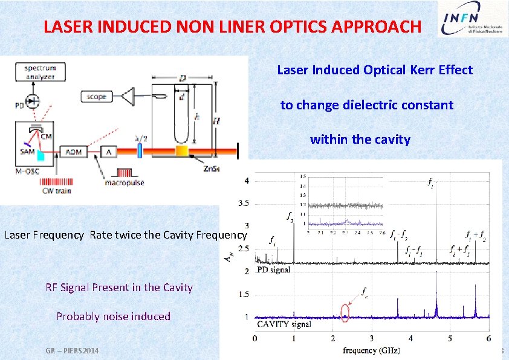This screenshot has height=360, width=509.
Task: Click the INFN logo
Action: [470, 27]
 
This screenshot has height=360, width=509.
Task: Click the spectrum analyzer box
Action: [41, 72]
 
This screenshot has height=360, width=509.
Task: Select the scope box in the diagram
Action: [96, 97]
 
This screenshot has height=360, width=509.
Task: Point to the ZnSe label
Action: [210, 169]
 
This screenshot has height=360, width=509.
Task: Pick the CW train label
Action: [57, 191]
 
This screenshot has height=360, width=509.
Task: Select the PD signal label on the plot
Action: [273, 269]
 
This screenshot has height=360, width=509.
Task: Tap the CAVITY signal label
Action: [285, 324]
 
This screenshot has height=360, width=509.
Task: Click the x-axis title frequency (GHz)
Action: [371, 350]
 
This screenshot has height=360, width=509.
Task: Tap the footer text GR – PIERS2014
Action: [72, 351]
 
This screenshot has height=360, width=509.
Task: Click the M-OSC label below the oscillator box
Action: [27, 172]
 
